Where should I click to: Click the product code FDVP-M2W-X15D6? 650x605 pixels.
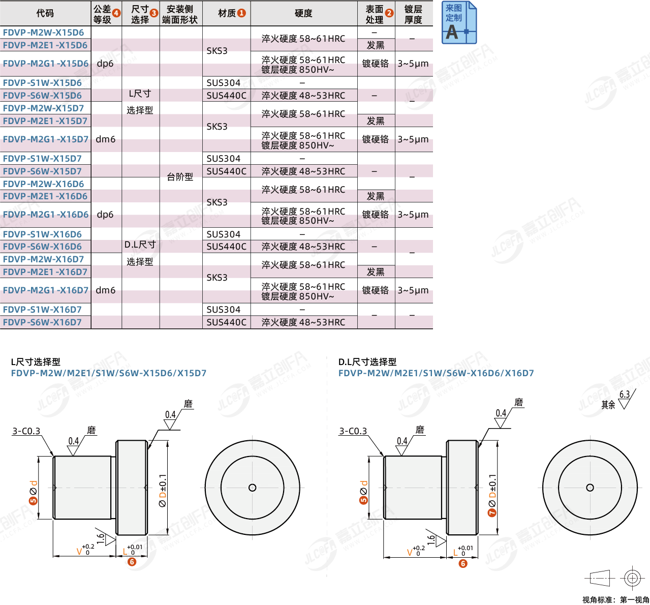click(x=43, y=33)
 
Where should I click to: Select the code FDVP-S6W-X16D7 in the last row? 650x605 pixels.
click(x=42, y=322)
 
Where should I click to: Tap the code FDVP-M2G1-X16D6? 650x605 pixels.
click(x=46, y=215)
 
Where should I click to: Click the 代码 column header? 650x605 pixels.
click(x=45, y=13)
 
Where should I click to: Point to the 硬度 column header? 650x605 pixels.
click(x=303, y=13)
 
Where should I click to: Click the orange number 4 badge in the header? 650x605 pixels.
click(x=116, y=13)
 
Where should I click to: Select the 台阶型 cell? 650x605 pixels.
click(x=180, y=177)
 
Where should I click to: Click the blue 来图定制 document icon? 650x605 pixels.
click(x=459, y=22)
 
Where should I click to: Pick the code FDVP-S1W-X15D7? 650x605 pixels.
click(x=42, y=159)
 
